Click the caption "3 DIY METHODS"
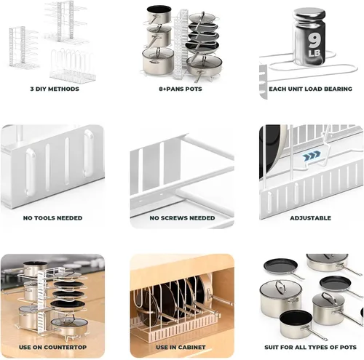click(55, 89)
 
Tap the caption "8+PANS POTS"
click(181, 89)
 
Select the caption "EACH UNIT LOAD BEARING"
click(310, 89)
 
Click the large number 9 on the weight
click(314, 41)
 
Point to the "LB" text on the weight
click(314, 53)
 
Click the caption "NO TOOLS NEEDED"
click(52, 218)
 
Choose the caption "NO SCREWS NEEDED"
click(182, 218)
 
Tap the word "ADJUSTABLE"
click(310, 218)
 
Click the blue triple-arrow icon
click(312, 156)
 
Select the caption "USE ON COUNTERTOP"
click(52, 347)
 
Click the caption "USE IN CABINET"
click(181, 347)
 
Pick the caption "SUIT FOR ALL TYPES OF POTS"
click(310, 347)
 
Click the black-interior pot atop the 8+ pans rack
click(159, 15)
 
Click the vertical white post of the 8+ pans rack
click(181, 44)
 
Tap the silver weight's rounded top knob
click(309, 15)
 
